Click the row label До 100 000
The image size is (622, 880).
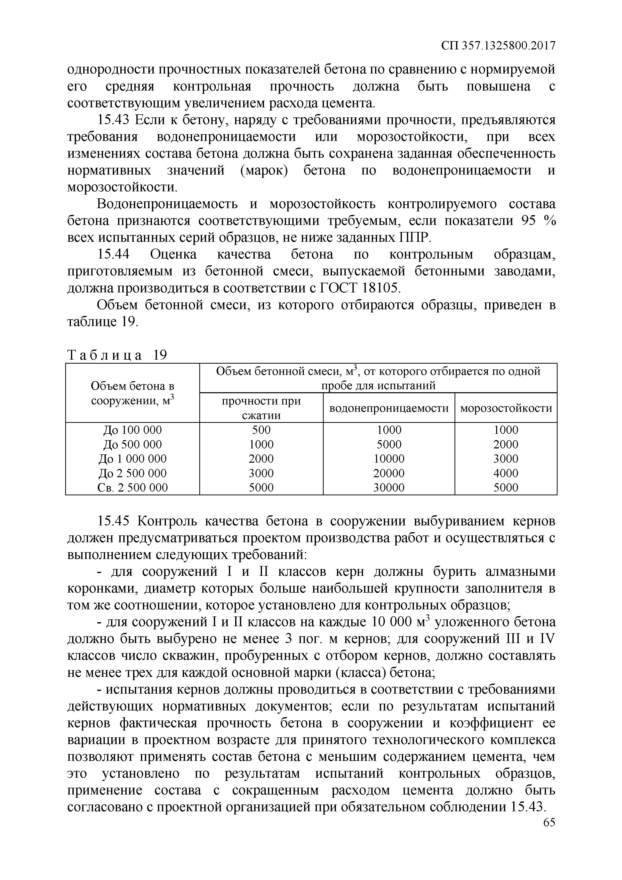tap(133, 430)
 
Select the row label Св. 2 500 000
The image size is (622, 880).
tap(133, 488)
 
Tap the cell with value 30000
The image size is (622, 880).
tap(389, 488)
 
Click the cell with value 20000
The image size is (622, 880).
tap(389, 473)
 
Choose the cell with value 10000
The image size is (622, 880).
tap(389, 459)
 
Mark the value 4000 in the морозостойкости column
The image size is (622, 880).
tap(505, 473)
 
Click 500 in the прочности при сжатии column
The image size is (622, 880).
tap(261, 430)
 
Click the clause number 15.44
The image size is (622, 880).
tap(113, 255)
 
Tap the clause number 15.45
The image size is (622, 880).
tap(113, 521)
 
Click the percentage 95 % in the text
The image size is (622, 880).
tap(539, 221)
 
